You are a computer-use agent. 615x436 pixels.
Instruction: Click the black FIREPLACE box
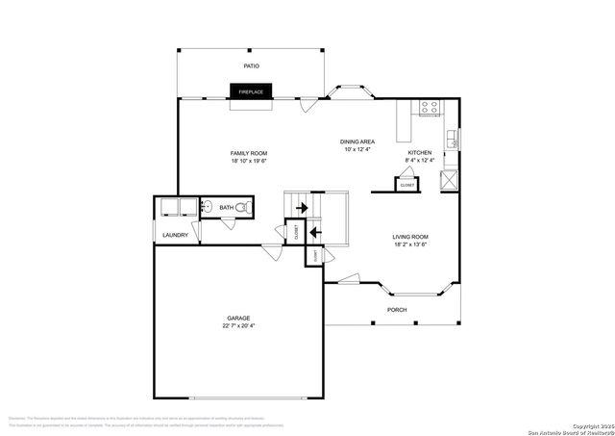click(251, 91)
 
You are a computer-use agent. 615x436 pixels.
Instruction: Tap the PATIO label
click(251, 66)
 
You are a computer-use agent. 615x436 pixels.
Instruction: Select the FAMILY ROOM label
click(248, 153)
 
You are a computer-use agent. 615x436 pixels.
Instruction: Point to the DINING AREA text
click(357, 142)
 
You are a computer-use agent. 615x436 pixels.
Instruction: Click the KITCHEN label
click(420, 153)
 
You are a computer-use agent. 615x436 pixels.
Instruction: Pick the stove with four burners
click(430, 109)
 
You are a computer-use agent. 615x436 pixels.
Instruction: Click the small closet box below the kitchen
click(407, 183)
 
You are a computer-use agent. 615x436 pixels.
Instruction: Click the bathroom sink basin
click(207, 206)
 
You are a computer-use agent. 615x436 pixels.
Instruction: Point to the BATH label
click(226, 207)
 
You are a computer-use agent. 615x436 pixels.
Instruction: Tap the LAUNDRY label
click(175, 234)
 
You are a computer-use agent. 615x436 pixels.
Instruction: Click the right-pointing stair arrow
click(301, 207)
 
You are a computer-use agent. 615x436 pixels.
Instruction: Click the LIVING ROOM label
click(409, 237)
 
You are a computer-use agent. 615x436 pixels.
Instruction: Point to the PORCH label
click(396, 309)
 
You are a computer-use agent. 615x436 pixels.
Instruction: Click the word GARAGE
click(237, 318)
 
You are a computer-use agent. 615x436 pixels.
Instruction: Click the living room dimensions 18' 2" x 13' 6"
click(409, 244)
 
